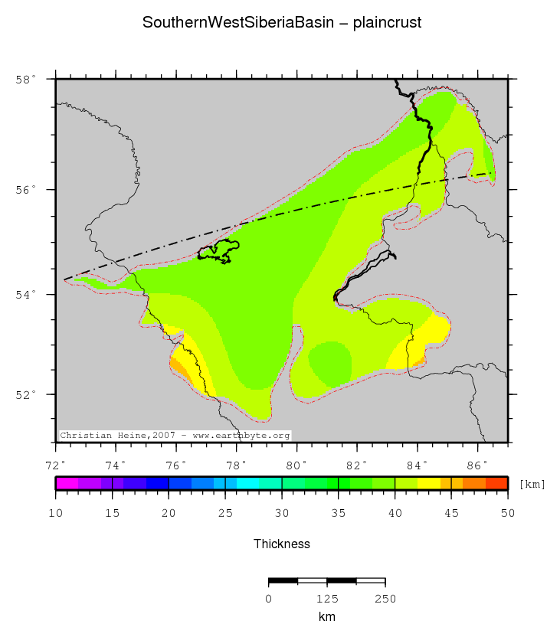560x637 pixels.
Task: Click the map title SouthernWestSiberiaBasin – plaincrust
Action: (x=282, y=23)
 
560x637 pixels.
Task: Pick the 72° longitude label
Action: (x=55, y=465)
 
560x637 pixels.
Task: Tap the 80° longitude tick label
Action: (x=296, y=465)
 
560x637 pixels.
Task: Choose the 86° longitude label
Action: (x=477, y=465)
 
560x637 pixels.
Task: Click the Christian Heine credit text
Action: (x=175, y=435)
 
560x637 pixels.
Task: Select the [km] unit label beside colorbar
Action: (x=532, y=484)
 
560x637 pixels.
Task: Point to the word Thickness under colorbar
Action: (x=282, y=544)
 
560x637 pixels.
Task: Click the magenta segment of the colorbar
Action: (x=67, y=483)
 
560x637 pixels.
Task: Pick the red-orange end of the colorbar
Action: (x=496, y=483)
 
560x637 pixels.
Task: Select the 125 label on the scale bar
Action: (x=327, y=599)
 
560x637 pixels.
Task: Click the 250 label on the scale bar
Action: (x=385, y=599)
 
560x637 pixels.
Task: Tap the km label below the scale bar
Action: (x=327, y=616)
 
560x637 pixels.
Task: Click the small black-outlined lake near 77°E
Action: (x=219, y=251)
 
